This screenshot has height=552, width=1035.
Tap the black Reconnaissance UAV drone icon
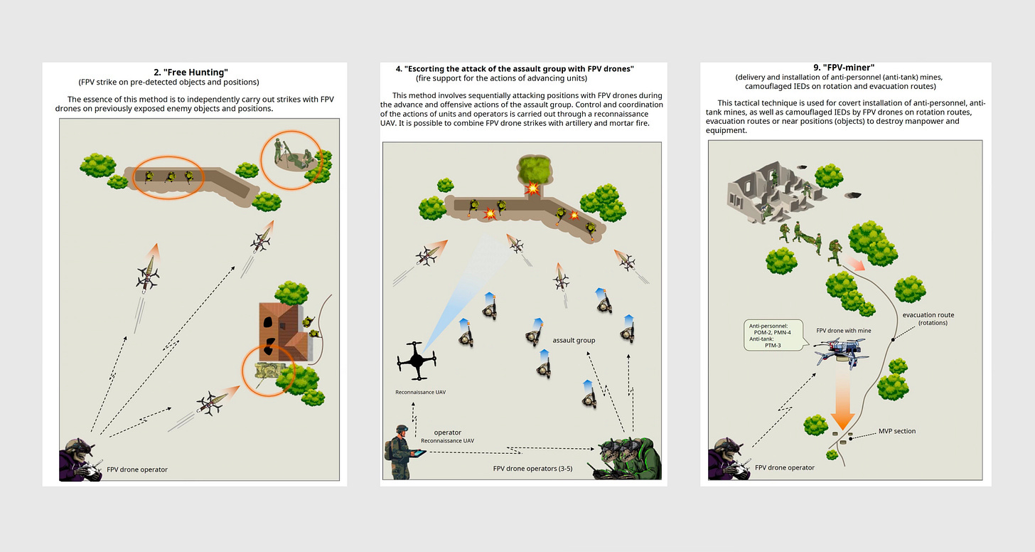click(417, 361)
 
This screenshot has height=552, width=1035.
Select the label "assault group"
click(574, 340)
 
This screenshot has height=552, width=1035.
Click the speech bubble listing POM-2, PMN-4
click(774, 335)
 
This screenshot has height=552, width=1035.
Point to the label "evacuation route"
click(928, 315)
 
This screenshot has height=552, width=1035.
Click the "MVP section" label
click(897, 431)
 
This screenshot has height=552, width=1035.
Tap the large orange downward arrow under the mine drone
click(842, 400)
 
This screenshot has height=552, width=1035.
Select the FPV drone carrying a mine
click(841, 352)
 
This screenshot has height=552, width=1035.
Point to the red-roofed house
click(282, 331)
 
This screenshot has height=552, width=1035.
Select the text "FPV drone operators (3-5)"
click(532, 468)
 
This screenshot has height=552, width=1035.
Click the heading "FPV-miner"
click(844, 68)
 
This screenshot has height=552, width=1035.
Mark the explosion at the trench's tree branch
click(532, 189)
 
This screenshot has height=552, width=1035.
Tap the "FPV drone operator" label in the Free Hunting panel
click(137, 469)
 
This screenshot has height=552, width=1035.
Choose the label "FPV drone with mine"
click(844, 331)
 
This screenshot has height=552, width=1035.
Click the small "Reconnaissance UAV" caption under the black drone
click(421, 392)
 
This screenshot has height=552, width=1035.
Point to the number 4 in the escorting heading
click(398, 69)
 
